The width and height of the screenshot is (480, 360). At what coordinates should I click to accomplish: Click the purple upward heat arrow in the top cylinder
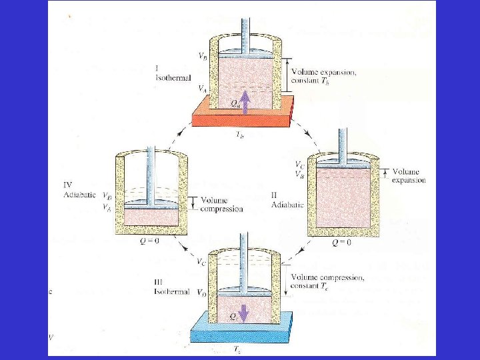(244, 100)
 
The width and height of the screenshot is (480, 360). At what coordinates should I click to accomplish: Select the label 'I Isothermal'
(167, 74)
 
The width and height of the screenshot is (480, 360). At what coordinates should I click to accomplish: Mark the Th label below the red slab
(241, 133)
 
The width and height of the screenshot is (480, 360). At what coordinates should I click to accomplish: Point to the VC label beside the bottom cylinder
(202, 262)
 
